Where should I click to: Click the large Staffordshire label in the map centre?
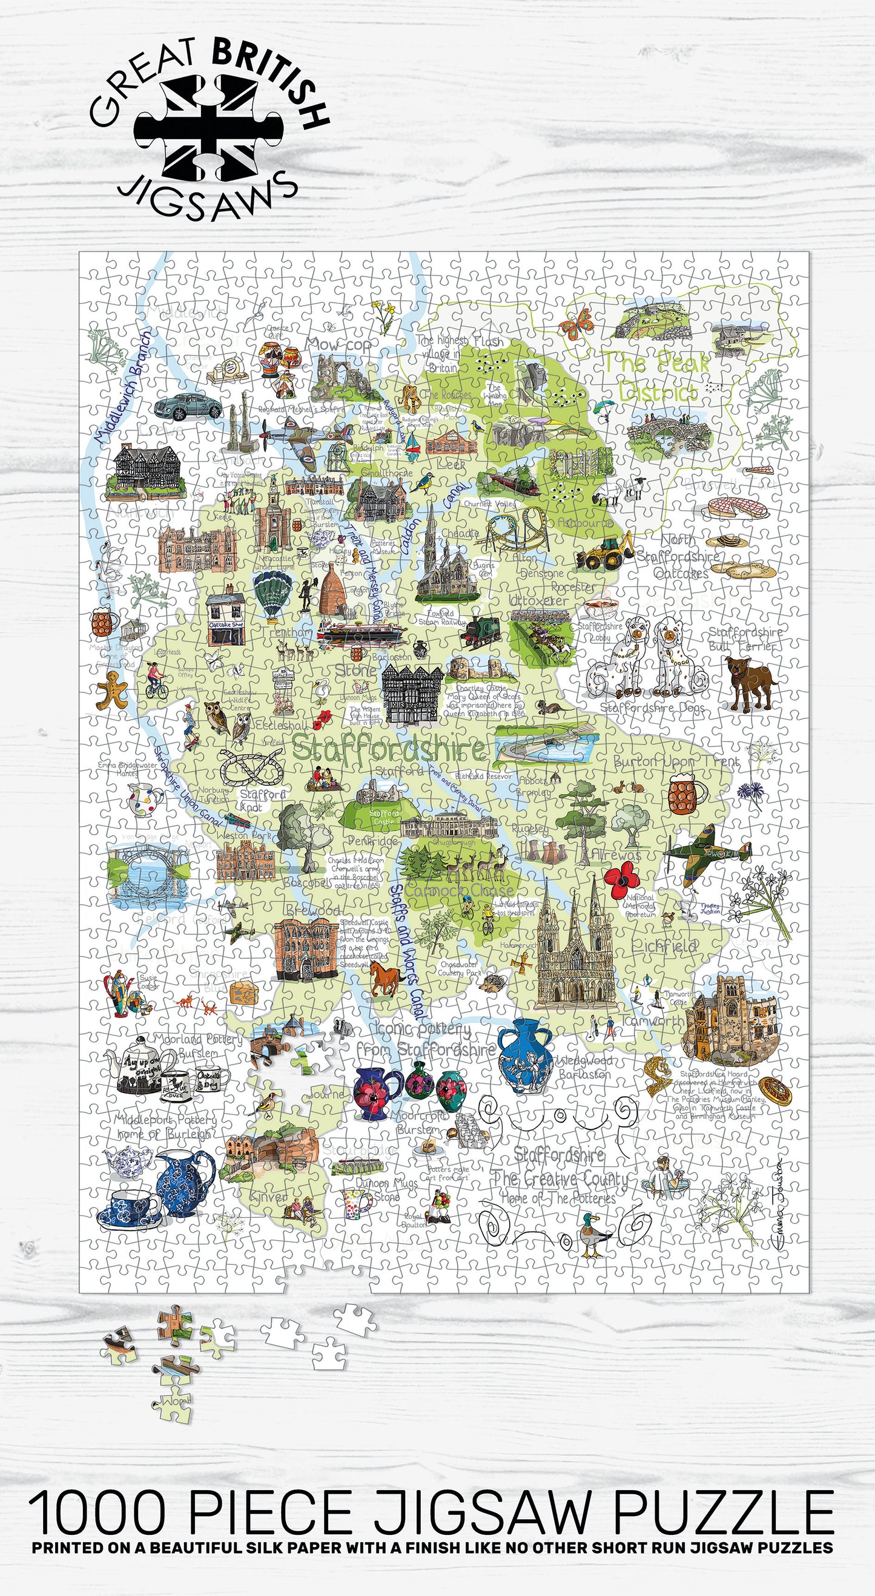(389, 749)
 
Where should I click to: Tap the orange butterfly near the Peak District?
(576, 324)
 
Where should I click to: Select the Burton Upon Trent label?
(675, 761)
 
